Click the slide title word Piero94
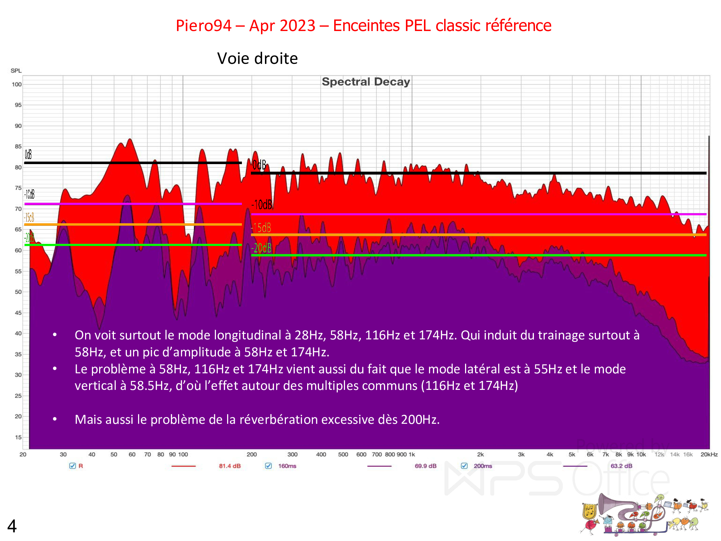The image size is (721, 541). (203, 26)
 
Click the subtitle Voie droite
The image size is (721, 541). (257, 58)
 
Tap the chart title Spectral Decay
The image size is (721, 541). (366, 82)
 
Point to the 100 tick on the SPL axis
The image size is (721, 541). (17, 84)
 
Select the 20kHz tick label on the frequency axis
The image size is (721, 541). (709, 454)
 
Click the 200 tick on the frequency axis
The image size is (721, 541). (252, 454)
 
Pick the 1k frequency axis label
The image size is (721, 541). (412, 454)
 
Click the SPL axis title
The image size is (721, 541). (16, 71)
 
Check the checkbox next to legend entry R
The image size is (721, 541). (72, 466)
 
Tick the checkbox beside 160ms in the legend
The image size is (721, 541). (268, 466)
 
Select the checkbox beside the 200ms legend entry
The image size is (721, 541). (464, 466)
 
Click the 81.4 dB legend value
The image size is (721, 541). (230, 466)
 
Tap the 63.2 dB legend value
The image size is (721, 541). (621, 466)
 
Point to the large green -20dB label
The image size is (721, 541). (261, 248)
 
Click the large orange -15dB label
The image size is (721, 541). (261, 228)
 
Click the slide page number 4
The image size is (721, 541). (12, 526)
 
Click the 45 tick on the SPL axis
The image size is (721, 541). (18, 313)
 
